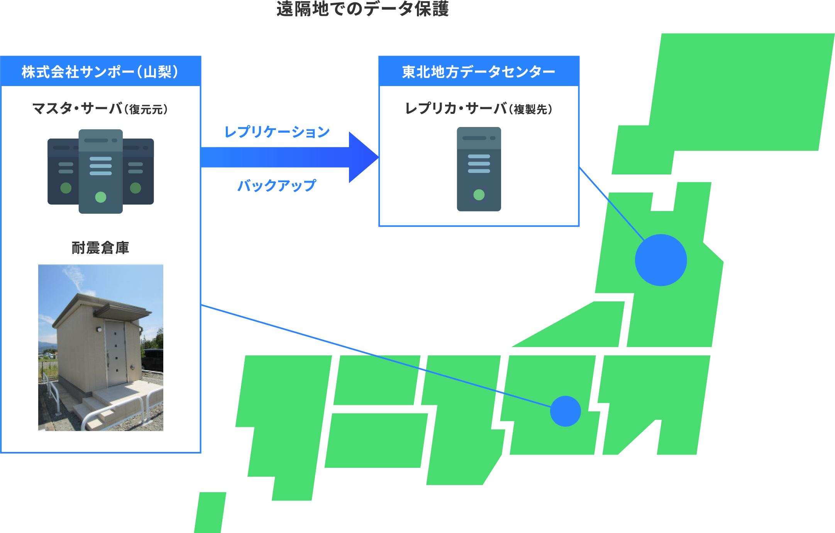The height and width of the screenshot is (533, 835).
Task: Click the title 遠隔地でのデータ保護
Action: coord(362,9)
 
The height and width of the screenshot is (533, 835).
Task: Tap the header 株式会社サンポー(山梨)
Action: coord(100,72)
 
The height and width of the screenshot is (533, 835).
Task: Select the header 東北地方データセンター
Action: coord(479,72)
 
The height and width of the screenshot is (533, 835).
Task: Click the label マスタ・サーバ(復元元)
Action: coord(100,109)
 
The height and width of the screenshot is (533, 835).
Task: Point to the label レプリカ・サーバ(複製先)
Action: coord(479,109)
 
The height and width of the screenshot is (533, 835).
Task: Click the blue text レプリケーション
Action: coord(277,132)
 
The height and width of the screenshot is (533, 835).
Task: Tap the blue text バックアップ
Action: coord(277,186)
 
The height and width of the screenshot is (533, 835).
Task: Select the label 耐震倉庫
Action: coord(100,248)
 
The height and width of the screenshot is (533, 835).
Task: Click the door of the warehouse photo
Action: coord(115,353)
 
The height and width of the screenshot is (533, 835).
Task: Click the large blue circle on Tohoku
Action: coord(661,260)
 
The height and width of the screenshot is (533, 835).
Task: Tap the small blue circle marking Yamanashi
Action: coord(565,411)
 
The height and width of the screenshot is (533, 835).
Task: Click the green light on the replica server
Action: coord(479,195)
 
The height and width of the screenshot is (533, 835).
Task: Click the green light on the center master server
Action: coord(100,197)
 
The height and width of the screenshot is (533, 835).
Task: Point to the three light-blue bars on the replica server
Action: coord(479,164)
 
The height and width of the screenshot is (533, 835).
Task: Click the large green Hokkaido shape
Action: coord(733,96)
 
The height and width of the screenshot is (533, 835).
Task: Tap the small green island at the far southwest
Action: coord(210,513)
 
